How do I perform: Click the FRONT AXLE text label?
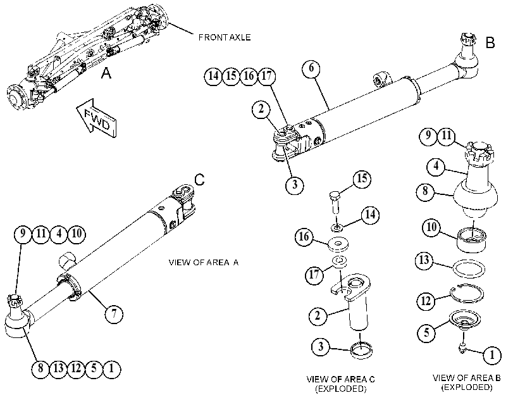pyautogui.click(x=225, y=37)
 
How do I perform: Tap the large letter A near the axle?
pyautogui.click(x=106, y=73)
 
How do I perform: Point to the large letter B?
pyautogui.click(x=490, y=42)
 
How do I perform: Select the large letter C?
pyautogui.click(x=199, y=180)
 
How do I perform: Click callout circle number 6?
pyautogui.click(x=311, y=68)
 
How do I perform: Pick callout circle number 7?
pyautogui.click(x=113, y=314)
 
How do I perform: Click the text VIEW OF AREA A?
pyautogui.click(x=204, y=262)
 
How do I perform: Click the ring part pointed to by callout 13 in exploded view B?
pyautogui.click(x=469, y=269)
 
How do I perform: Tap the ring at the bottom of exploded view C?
pyautogui.click(x=361, y=350)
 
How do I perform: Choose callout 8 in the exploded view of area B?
pyautogui.click(x=425, y=191)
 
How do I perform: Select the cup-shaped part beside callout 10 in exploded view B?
pyautogui.click(x=471, y=240)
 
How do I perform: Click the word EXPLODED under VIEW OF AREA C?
pyautogui.click(x=340, y=389)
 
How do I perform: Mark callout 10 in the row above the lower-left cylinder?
pyautogui.click(x=77, y=234)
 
